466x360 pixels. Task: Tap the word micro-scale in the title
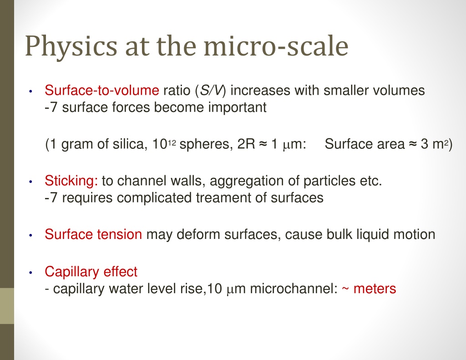click(x=276, y=46)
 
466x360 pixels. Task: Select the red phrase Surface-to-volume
click(x=102, y=90)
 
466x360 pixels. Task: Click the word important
click(x=237, y=107)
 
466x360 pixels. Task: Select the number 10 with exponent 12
click(x=164, y=144)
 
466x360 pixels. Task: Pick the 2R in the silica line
click(x=246, y=144)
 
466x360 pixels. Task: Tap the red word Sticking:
click(x=71, y=181)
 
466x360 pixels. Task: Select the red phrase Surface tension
click(x=93, y=234)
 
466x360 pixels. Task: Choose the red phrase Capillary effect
click(x=91, y=272)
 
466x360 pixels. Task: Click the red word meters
click(x=375, y=289)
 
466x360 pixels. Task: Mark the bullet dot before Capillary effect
click(x=30, y=273)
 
